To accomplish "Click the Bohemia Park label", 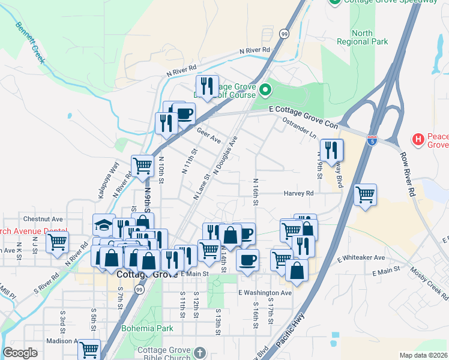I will click(x=147, y=328).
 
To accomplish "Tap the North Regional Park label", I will click(x=370, y=37).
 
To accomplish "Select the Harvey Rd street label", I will click(x=299, y=194).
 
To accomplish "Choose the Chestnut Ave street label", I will click(x=43, y=219).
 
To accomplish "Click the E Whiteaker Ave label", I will click(x=361, y=257).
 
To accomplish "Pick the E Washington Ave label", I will click(x=265, y=293).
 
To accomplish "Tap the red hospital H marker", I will click(x=419, y=140).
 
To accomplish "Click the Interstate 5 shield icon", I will click(x=373, y=141).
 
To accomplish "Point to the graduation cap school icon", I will click(x=103, y=224).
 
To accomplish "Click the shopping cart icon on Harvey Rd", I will click(x=365, y=194).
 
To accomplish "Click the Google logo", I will click(x=20, y=353).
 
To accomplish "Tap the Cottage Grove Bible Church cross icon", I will click(x=200, y=352).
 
